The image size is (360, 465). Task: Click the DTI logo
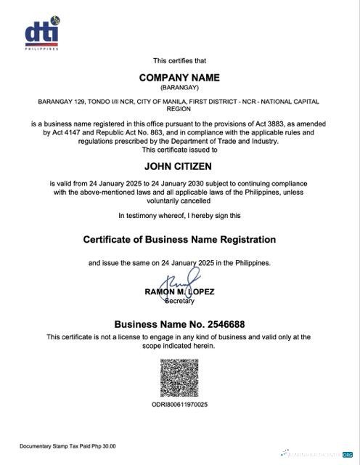(x=41, y=34)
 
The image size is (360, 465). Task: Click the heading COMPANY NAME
(x=179, y=77)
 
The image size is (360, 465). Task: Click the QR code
(x=179, y=377)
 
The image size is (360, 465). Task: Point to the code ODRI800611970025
(x=179, y=404)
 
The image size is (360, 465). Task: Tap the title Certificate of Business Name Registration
(x=179, y=239)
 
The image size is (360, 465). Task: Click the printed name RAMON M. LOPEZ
(x=179, y=292)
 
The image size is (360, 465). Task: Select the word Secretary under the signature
(x=179, y=300)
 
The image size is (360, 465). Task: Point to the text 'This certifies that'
(x=179, y=60)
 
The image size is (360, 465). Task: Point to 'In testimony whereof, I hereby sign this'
(x=179, y=216)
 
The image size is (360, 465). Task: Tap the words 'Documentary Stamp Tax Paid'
(x=54, y=446)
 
